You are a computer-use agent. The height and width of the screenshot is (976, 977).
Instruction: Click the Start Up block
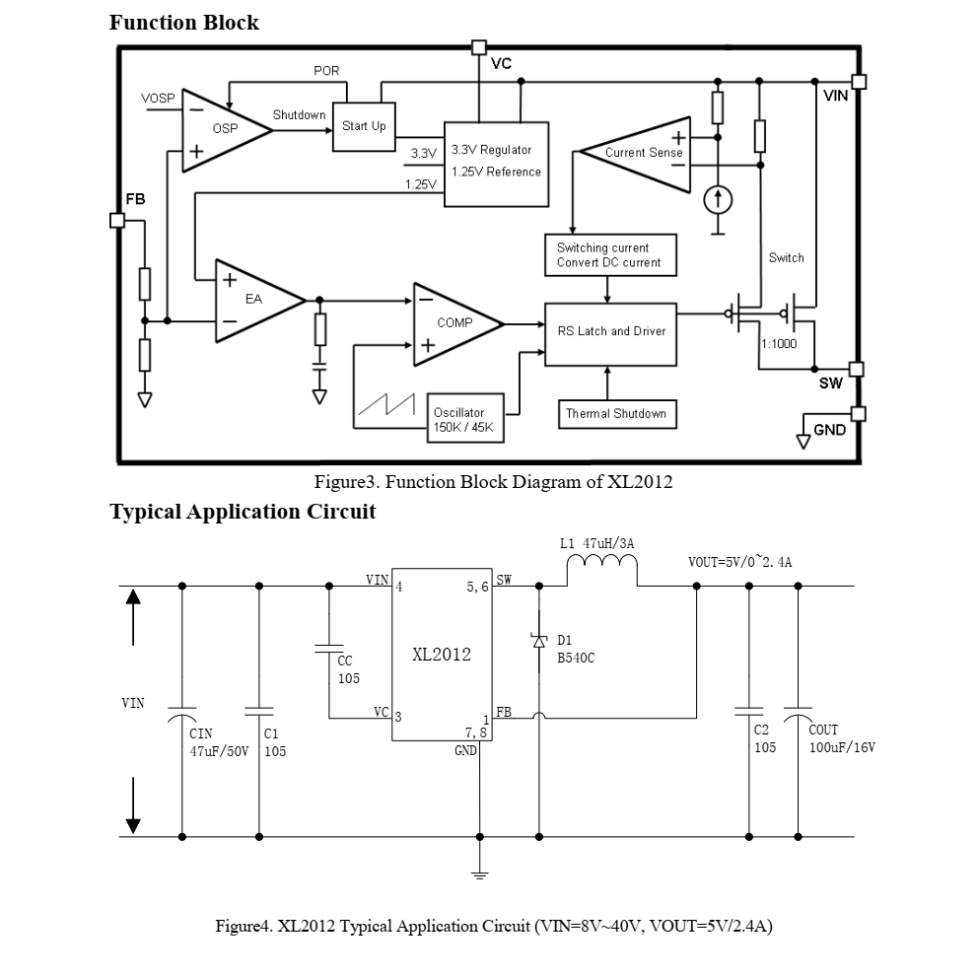point(364,126)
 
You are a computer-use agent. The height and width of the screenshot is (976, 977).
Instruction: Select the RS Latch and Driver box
point(610,333)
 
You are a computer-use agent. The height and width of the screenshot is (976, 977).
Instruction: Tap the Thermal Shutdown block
point(615,414)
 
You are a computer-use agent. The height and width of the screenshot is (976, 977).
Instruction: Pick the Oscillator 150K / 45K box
point(463,420)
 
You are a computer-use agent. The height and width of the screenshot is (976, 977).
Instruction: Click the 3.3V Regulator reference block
point(496,164)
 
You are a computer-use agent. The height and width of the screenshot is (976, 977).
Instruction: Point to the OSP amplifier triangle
point(221,129)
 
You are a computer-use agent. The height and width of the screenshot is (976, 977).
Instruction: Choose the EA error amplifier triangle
point(253,300)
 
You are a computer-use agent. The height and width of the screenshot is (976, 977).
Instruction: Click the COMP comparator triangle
point(451,323)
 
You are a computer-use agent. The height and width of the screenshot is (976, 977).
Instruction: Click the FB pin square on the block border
point(117,220)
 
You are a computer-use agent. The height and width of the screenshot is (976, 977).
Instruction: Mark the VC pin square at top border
point(479,47)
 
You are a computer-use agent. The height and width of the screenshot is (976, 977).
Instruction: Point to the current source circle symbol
point(718,200)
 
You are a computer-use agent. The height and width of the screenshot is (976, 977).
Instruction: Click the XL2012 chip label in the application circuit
point(441,655)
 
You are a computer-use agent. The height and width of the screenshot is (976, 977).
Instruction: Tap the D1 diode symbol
point(539,641)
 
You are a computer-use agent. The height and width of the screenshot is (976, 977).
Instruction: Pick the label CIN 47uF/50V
point(218,740)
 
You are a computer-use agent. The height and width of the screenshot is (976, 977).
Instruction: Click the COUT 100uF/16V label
point(841,738)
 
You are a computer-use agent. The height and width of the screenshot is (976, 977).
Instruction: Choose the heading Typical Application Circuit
point(243,512)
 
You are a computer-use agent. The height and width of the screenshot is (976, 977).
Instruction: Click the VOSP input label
point(158,100)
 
